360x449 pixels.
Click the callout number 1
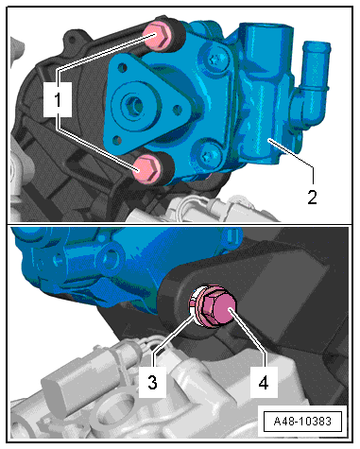coord(58,100)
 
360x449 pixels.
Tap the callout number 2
coord(312,198)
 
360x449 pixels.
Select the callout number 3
coord(152,383)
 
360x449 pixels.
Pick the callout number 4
coord(264,383)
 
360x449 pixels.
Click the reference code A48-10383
coord(302,422)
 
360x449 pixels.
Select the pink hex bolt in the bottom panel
coord(216,307)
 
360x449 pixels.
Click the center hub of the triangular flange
coord(134,106)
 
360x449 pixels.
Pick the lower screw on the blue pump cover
coord(209,155)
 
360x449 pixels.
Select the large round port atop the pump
coord(266,36)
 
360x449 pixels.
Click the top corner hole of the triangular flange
coord(123,67)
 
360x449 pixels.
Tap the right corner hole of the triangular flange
coord(178,110)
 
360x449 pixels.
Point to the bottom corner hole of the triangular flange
coord(117,140)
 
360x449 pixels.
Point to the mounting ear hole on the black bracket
coord(72,40)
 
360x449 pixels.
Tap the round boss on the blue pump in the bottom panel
coord(110,259)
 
